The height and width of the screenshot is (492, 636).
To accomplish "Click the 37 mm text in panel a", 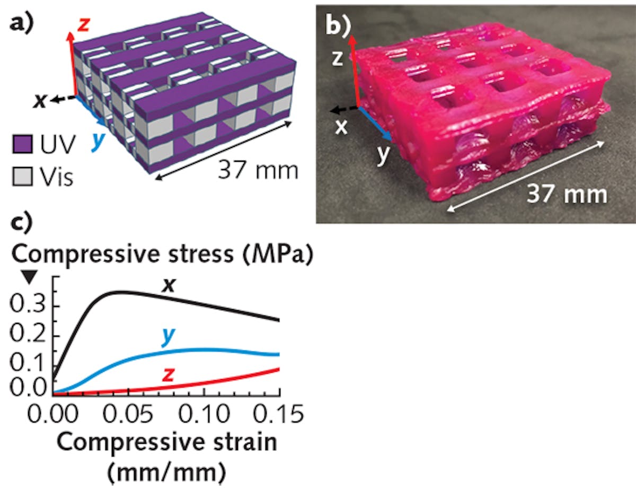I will point(257,171).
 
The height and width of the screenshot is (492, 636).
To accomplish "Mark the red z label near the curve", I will point(169,374).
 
